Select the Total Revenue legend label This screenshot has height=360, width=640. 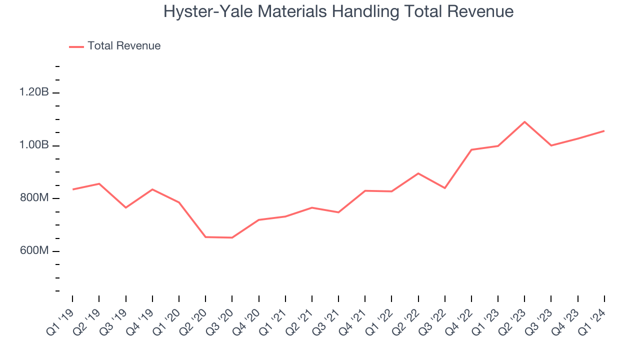point(124,46)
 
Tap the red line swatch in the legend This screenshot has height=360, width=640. point(76,46)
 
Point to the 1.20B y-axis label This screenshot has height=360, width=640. point(34,92)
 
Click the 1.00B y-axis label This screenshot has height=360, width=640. point(34,145)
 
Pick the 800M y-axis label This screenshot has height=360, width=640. point(34,198)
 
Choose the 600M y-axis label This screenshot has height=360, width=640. point(34,251)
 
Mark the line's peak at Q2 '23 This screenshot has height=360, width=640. point(524,121)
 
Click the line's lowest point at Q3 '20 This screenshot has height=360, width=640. point(232,237)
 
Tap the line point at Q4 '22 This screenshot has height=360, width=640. point(471,149)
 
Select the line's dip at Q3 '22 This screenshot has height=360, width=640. point(445,188)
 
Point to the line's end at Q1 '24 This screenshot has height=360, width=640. point(604,131)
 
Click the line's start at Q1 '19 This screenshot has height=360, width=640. point(73,189)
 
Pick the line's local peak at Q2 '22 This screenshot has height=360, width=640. point(418,173)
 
